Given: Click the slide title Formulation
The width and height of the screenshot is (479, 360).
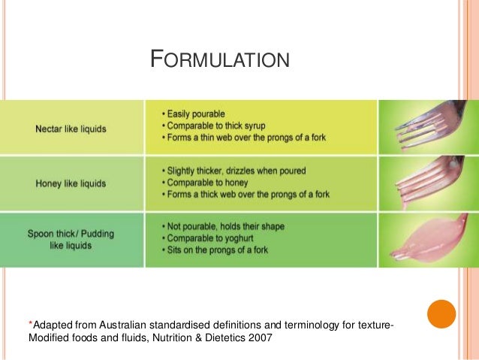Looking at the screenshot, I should [x=220, y=59].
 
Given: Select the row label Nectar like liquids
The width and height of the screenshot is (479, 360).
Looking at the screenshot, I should [x=71, y=129].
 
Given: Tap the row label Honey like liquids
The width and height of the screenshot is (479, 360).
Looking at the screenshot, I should [x=71, y=183].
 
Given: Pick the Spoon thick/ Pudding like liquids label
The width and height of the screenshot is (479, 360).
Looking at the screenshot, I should [x=71, y=239].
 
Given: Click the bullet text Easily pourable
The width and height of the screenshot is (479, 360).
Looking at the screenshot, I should [x=193, y=113].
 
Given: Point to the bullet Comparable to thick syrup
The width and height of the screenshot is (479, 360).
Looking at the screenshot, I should [x=216, y=125].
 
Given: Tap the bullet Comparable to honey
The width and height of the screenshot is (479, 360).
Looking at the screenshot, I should [x=206, y=183].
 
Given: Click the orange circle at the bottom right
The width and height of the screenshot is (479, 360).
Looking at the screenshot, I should [x=441, y=314].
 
